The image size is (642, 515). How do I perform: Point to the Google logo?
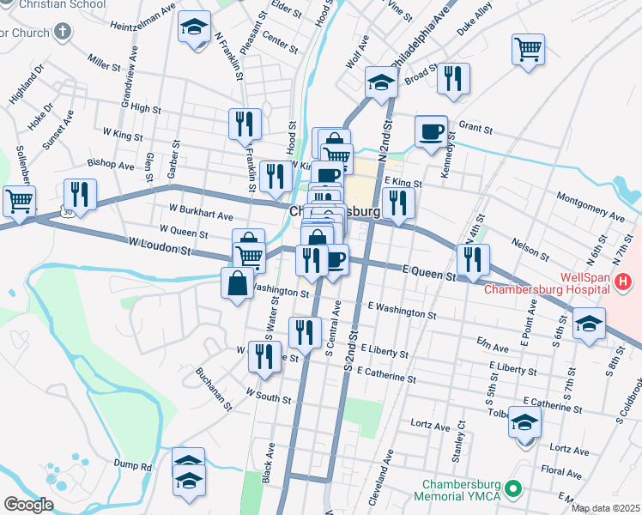coord(28,505)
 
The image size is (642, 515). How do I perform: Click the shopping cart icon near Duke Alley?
coord(528,48)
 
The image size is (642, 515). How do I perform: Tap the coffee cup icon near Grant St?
coord(431,131)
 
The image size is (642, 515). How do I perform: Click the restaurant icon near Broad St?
coord(452,78)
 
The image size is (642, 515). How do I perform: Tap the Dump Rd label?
coord(134,466)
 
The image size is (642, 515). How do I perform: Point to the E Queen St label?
coord(429,272)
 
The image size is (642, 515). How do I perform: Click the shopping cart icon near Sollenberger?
coord(18,201)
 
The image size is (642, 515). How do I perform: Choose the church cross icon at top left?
coord(61,33)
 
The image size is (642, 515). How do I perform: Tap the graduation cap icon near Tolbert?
coord(525,423)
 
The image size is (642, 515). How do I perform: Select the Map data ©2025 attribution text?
coord(604,508)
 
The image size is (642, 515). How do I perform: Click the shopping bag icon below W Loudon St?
coord(237,283)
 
